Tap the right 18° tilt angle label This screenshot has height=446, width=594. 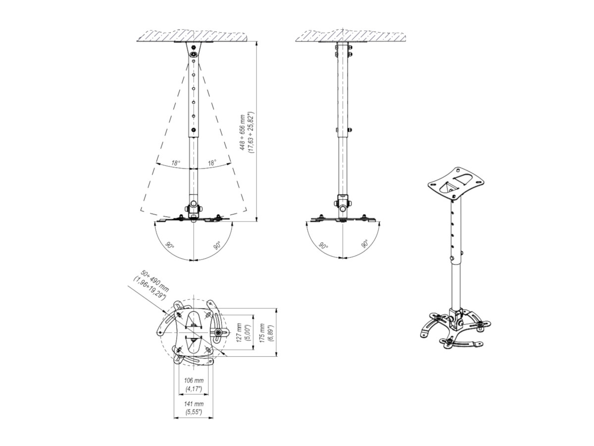211,163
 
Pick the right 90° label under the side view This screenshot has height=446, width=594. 365,244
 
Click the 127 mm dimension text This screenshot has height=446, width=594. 240,333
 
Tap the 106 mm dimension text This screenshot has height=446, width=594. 194,380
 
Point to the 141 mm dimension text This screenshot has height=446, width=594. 194,404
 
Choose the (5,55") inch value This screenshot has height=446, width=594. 194,412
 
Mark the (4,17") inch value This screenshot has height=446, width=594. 194,389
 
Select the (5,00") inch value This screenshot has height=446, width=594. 248,333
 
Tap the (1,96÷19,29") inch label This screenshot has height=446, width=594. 148,288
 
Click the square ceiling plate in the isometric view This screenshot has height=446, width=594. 455,182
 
